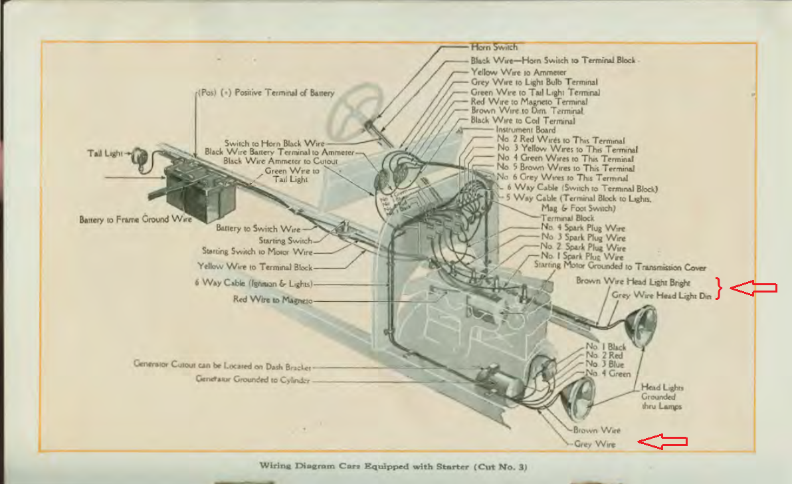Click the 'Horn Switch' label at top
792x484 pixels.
click(494, 47)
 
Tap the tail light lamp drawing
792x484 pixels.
click(138, 155)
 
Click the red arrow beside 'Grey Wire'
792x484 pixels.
click(662, 441)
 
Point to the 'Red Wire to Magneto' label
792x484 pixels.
click(272, 300)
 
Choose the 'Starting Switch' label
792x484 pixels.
click(285, 240)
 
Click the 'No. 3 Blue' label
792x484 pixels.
click(605, 364)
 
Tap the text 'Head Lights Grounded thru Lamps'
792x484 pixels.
click(662, 397)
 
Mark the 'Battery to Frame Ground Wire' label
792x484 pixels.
click(136, 219)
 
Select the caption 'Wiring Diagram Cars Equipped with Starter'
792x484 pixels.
click(393, 466)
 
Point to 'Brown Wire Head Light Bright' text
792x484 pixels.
click(633, 281)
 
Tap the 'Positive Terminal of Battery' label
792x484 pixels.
click(266, 93)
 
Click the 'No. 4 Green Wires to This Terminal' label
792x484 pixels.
click(566, 159)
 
